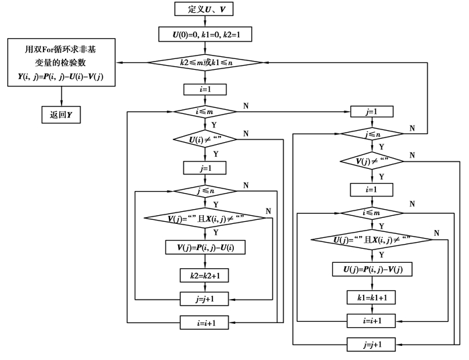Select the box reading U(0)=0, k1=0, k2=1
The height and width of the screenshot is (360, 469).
point(205,34)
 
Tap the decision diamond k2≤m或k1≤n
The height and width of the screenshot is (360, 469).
point(205,62)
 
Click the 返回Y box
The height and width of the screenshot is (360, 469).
point(61,115)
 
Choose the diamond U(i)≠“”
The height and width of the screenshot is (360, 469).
point(205,139)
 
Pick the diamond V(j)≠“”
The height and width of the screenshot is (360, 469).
point(371,161)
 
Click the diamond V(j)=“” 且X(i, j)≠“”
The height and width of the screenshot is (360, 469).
point(205,219)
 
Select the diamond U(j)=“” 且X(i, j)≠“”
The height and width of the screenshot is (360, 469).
point(371,240)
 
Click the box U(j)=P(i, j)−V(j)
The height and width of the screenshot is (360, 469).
point(371,269)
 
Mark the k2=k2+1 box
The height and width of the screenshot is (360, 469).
point(205,275)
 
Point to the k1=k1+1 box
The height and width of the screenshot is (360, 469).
point(371,295)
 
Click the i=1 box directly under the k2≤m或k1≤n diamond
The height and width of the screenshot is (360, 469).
point(205,88)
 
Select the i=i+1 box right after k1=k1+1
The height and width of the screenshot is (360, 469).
point(371,320)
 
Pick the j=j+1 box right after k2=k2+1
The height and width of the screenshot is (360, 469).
point(205,298)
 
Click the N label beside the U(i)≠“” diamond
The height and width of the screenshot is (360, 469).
point(246,134)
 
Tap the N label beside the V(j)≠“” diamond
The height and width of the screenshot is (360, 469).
point(411,156)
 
